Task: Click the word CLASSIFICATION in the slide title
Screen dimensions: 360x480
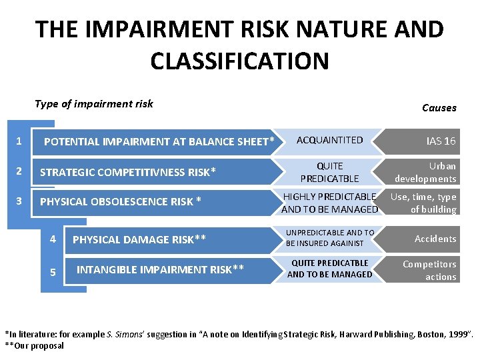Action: tap(239, 61)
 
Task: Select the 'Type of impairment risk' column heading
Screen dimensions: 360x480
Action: tap(94, 103)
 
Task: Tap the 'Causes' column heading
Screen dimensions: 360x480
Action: tap(439, 107)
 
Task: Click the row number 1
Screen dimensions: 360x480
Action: tap(19, 141)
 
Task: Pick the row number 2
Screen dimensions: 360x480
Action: tap(19, 171)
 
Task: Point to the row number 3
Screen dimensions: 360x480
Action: tap(19, 201)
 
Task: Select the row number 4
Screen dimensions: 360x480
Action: tap(53, 239)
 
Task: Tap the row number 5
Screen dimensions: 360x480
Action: tap(53, 273)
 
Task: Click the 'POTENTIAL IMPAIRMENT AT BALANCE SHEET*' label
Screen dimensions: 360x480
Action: tap(159, 141)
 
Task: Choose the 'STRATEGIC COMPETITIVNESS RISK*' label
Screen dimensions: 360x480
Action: tap(128, 173)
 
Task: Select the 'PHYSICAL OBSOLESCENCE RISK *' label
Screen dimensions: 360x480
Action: tap(121, 201)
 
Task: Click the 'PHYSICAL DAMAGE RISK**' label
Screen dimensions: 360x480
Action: tap(139, 239)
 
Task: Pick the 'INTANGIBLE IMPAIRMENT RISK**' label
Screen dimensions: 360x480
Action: tap(160, 269)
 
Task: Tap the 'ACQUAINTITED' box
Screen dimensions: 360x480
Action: tap(329, 140)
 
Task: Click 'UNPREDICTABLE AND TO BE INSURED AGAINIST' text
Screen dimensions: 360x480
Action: tap(329, 238)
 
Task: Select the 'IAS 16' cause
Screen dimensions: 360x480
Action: tap(441, 141)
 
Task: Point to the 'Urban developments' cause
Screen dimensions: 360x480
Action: tap(427, 172)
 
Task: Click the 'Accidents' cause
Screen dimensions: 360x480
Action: tap(435, 239)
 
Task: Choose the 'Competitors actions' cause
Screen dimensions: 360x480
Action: tap(430, 270)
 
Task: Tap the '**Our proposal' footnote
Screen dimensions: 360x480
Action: tap(35, 345)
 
